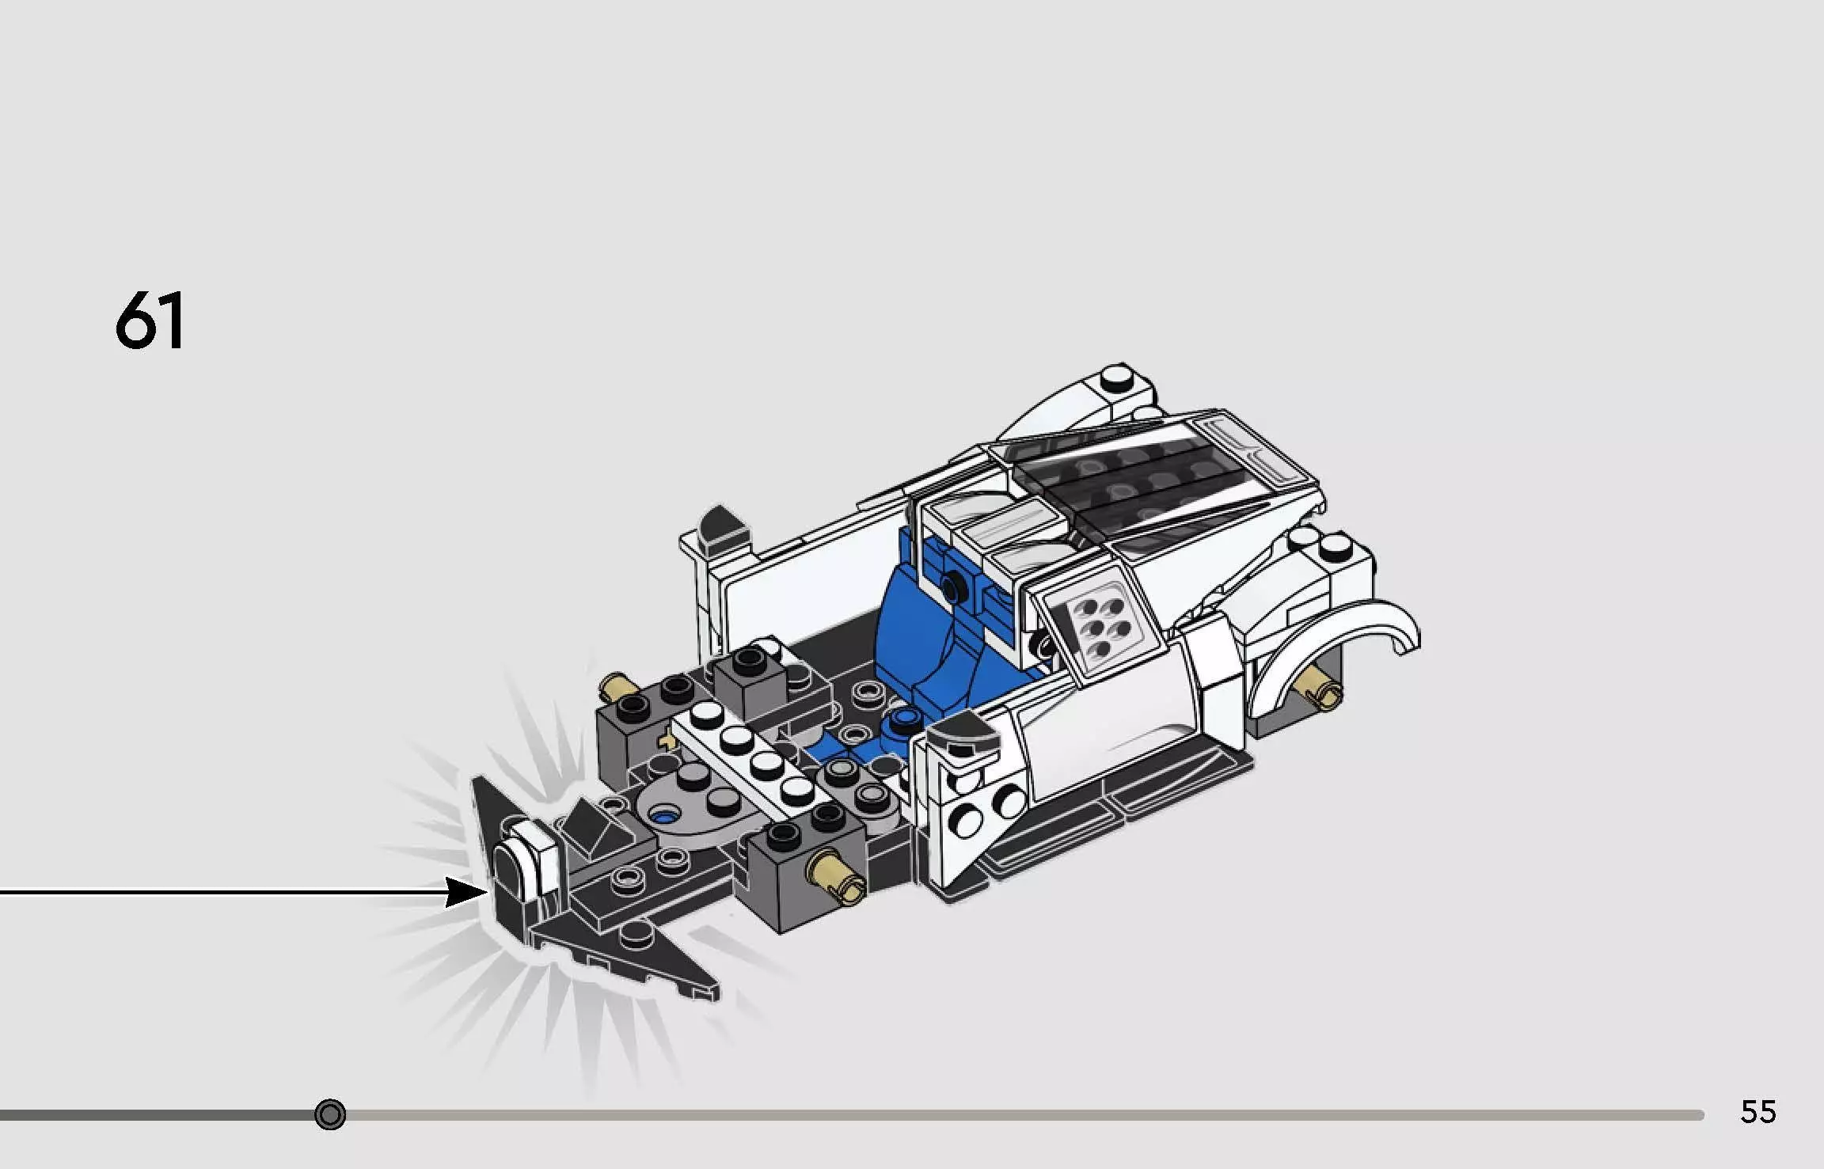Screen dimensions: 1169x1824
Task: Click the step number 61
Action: point(150,321)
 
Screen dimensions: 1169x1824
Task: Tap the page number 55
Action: point(1757,1112)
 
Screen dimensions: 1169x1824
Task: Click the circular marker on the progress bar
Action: point(330,1114)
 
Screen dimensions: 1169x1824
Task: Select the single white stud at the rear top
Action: point(1117,379)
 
